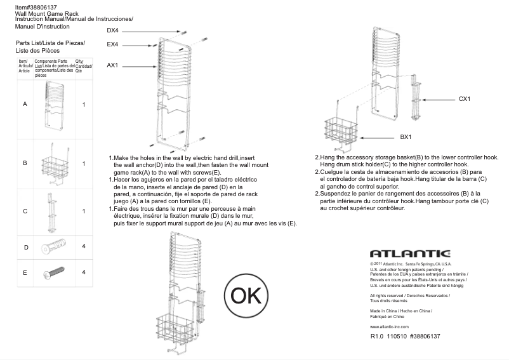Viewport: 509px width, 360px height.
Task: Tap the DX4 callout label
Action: point(112,30)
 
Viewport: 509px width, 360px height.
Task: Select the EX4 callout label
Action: point(112,44)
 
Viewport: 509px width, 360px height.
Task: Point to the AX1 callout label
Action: point(112,65)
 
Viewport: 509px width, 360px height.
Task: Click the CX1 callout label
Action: point(465,100)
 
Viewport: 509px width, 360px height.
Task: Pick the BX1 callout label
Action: point(406,137)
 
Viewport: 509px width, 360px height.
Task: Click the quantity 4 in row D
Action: point(84,246)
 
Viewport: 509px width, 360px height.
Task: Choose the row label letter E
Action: point(25,273)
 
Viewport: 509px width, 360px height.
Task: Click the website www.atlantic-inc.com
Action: point(389,326)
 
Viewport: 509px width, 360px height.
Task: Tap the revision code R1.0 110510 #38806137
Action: point(405,336)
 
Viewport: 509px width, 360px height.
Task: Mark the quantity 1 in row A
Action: point(84,103)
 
